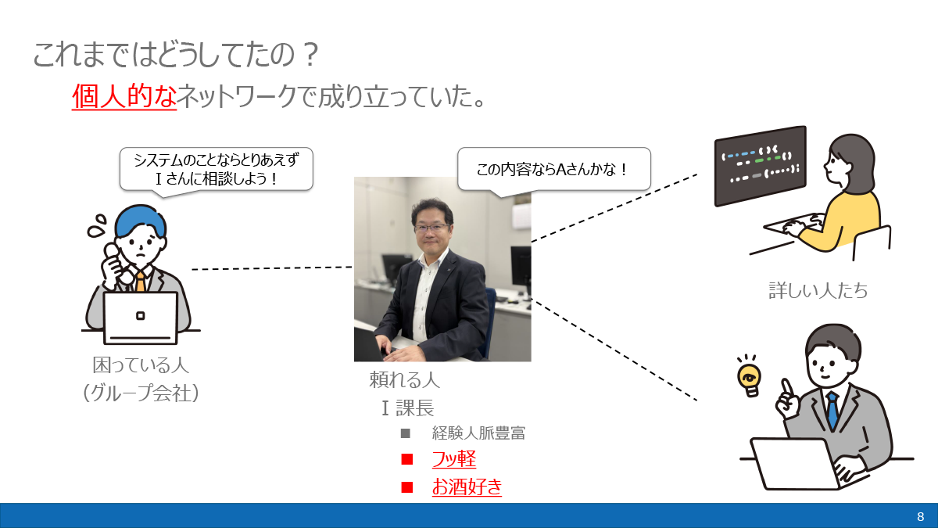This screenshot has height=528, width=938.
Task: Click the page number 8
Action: pos(920,516)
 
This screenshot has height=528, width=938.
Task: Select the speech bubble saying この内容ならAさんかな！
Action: pos(553,168)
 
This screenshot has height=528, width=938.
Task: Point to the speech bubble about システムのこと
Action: pos(217,169)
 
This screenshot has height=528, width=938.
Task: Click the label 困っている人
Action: pos(141,365)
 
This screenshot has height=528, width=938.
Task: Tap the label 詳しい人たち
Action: pos(818,291)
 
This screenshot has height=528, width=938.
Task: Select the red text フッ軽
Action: pos(453,459)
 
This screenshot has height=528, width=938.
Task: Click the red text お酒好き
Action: pos(467,487)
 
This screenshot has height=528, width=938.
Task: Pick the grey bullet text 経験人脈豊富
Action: pos(478,433)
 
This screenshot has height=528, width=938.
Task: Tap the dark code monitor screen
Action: pos(760,166)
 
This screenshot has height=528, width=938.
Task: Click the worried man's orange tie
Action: pos(140,281)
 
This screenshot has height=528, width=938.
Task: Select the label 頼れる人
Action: pos(404,381)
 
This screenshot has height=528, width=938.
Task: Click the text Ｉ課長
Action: pos(407,408)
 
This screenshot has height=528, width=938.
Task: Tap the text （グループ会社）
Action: pos(141,392)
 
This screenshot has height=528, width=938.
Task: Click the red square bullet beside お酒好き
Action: pos(406,487)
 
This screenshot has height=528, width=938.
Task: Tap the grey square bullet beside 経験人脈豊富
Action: pos(405,433)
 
